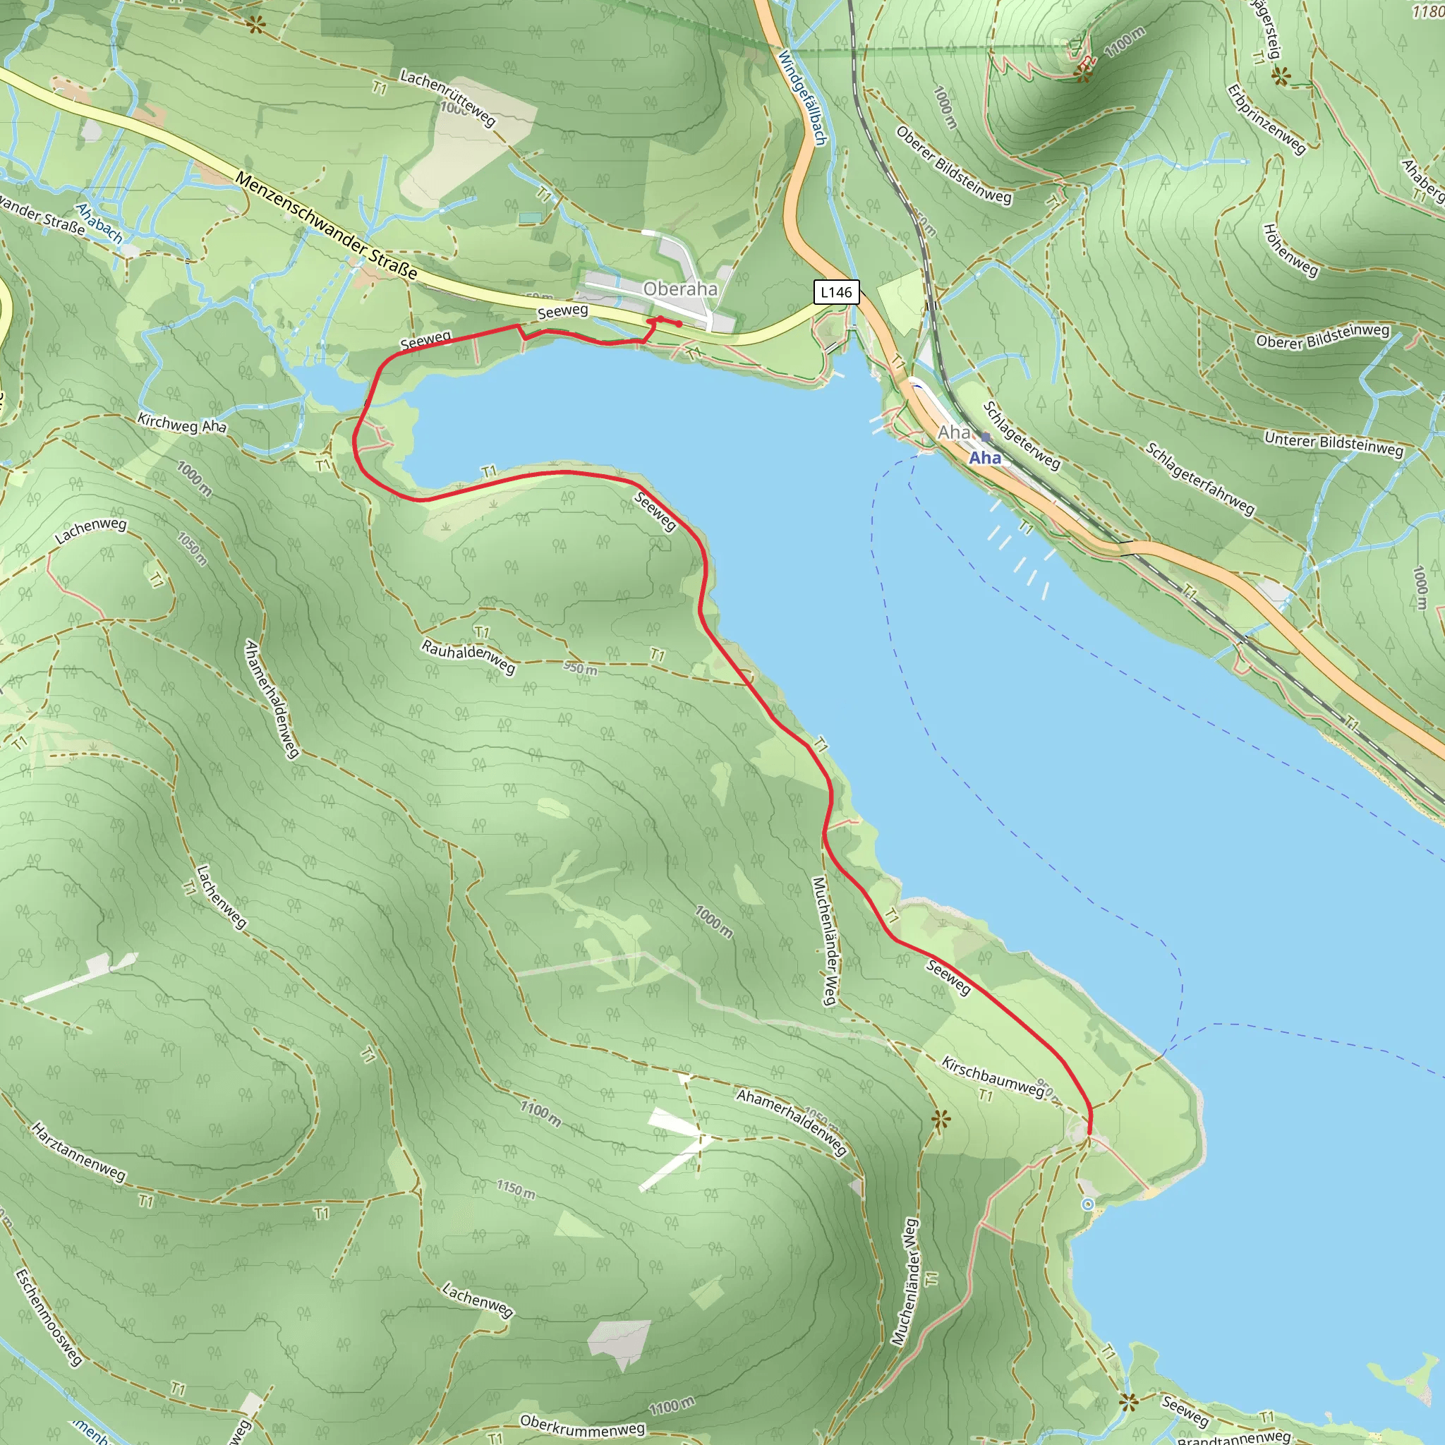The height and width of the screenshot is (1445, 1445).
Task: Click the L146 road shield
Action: coord(835,291)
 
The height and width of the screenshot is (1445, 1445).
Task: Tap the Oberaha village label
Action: coord(680,289)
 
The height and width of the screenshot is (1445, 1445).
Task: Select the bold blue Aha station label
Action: coord(985,458)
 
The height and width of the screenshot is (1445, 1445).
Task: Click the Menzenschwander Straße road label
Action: coord(326,225)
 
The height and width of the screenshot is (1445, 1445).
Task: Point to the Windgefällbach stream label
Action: coord(802,97)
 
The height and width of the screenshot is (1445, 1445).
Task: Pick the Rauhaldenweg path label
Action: coord(468,656)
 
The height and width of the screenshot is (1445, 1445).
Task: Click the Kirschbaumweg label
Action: coord(993,1076)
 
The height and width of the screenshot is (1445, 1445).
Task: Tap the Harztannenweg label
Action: coord(78,1151)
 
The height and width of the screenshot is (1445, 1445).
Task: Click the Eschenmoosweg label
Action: coord(48,1317)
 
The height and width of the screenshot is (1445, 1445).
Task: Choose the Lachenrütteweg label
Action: coord(447,97)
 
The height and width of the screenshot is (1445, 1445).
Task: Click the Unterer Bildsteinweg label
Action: coord(1334,444)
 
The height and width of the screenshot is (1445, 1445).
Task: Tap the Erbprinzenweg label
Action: coord(1266,120)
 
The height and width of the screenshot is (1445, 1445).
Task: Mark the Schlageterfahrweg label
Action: coord(1199,478)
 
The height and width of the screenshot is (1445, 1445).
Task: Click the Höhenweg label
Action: coord(1290,250)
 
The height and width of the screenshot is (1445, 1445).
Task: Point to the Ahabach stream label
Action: coord(99,223)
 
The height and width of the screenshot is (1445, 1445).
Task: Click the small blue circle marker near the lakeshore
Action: coord(1087,1204)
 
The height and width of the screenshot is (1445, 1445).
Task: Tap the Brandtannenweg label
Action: coord(1234,1436)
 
